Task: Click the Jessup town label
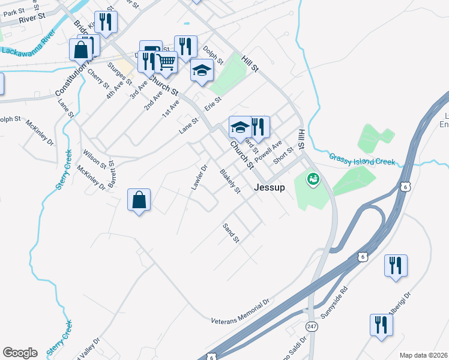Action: tap(269, 187)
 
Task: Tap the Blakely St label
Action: tap(230, 182)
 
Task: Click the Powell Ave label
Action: tap(268, 152)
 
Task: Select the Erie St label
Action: tap(213, 104)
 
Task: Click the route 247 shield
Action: tap(311, 325)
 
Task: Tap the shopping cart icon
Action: tap(166, 61)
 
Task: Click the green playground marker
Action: tap(312, 178)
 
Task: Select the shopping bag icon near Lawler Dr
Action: tap(139, 199)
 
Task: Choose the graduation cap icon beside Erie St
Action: tap(202, 71)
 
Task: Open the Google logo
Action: tap(20, 353)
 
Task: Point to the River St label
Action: tap(32, 19)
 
